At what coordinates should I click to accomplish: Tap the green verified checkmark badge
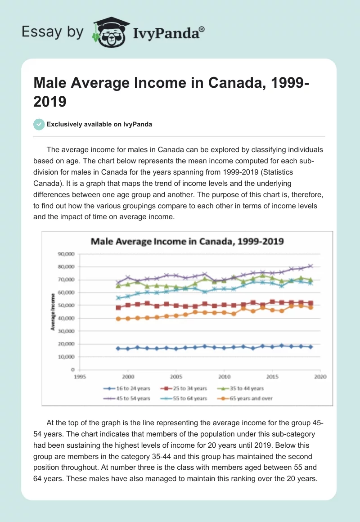(x=39, y=125)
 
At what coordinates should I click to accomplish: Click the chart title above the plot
(x=187, y=241)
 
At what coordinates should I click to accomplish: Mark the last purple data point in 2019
(x=310, y=266)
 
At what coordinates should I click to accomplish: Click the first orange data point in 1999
(x=118, y=319)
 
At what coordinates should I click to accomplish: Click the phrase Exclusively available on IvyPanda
(x=99, y=125)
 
